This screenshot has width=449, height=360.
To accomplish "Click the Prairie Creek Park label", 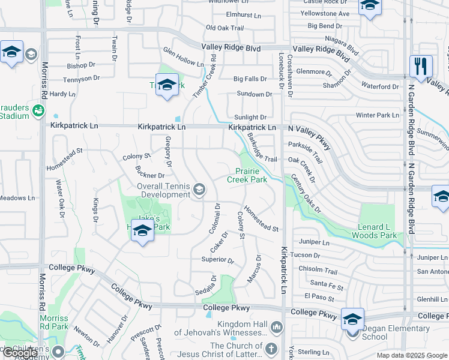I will tap(247, 175).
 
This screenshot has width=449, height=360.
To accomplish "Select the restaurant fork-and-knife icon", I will tap(421, 65).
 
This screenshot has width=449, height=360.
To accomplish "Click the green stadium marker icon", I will tap(38, 110).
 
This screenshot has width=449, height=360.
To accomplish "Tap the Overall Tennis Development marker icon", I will tap(199, 190).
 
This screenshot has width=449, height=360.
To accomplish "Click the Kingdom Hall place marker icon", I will tap(276, 328).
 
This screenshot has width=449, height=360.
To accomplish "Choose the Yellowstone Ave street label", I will tap(325, 13).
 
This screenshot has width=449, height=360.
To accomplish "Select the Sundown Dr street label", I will tap(255, 94).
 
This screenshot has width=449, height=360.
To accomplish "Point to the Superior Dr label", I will tap(218, 260).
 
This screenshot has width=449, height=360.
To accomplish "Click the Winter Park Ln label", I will tap(377, 115).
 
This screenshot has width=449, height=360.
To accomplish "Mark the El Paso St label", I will tap(318, 296).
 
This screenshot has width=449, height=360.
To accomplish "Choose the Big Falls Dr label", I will tap(250, 79).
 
